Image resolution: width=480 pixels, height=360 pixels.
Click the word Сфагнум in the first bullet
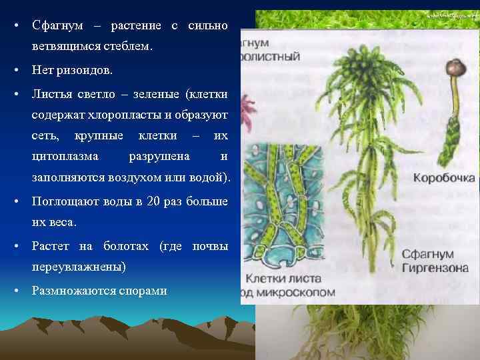(x=57, y=26)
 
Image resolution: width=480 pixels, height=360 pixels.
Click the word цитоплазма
(x=65, y=157)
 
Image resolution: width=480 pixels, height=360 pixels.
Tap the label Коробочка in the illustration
(x=443, y=178)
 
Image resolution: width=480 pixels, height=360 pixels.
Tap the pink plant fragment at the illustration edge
(x=249, y=106)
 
